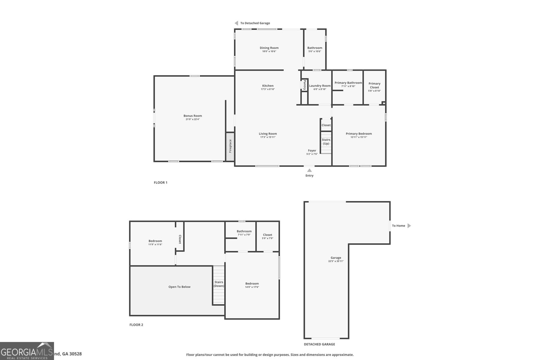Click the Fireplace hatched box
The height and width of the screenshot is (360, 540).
(x=230, y=146)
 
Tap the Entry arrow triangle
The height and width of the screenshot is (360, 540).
(x=309, y=170)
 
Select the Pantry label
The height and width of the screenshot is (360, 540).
(x=304, y=85)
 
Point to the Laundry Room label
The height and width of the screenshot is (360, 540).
(x=320, y=86)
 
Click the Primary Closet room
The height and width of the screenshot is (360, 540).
(x=374, y=87)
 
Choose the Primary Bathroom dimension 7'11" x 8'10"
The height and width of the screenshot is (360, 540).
(x=348, y=86)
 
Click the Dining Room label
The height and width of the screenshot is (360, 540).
(x=269, y=48)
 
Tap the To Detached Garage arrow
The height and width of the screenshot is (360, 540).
(x=236, y=23)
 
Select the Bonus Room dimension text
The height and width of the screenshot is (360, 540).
(x=193, y=119)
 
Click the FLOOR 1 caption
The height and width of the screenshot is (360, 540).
(x=161, y=183)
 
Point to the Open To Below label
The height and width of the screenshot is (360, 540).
(x=179, y=287)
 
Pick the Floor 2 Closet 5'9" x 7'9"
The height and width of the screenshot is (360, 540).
(x=267, y=236)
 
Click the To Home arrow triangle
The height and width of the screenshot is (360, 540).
(x=409, y=226)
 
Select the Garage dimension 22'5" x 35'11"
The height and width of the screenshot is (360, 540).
(x=336, y=261)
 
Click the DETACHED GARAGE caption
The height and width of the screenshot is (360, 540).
(x=319, y=344)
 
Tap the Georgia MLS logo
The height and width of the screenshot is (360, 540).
(x=27, y=351)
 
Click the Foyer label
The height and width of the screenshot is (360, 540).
(x=312, y=150)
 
